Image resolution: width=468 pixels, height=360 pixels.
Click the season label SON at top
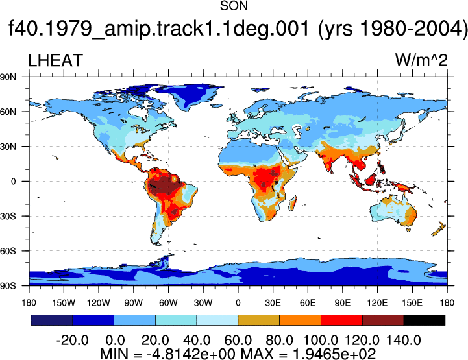[234, 6]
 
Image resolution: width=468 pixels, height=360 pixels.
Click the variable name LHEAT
[55, 60]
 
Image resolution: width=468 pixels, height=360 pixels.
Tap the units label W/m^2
[421, 60]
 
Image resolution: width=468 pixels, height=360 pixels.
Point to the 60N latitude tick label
[8, 112]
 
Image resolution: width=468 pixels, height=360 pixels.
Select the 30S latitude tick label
[8, 216]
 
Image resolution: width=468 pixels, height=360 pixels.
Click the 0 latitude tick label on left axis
[13, 182]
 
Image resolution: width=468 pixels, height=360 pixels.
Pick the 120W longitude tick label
[99, 303]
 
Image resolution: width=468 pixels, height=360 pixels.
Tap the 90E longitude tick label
[342, 303]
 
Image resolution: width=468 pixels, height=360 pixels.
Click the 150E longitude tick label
[412, 303]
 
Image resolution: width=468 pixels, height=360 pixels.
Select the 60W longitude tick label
[168, 303]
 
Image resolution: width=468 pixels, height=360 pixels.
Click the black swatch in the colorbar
[424, 320]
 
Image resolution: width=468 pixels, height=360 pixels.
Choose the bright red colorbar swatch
[341, 320]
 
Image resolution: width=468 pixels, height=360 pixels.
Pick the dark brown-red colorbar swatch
[383, 320]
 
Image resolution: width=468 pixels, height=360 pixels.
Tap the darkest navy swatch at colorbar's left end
[52, 320]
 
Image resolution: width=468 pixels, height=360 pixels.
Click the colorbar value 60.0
[238, 341]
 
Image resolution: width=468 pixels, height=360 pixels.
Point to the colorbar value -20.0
[73, 341]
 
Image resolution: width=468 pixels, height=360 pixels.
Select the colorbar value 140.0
[404, 341]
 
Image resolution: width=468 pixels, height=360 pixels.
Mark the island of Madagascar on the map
[293, 203]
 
